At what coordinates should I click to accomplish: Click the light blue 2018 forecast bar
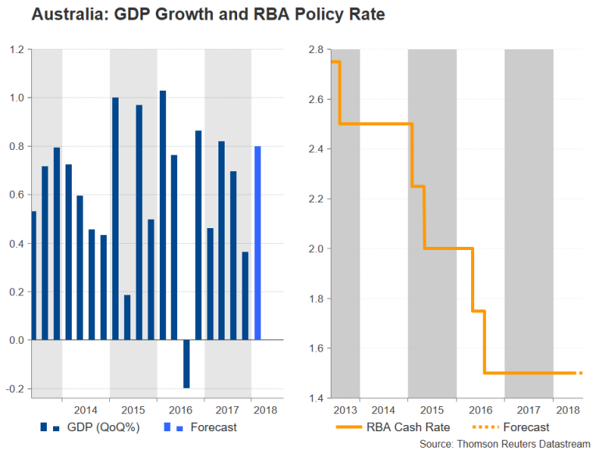pos(257,243)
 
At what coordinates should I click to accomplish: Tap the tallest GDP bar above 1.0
pos(163,215)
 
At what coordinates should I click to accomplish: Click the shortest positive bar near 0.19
pos(127,317)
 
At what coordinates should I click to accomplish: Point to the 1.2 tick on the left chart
pos(17,49)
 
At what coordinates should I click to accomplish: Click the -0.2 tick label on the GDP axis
pos(16,389)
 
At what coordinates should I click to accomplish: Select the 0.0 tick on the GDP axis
pos(17,341)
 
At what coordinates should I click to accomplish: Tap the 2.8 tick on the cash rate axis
pos(316,49)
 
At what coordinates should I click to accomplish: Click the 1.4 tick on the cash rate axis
pos(316,398)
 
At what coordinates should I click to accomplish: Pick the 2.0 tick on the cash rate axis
pos(316,249)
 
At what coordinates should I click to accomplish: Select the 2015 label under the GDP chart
pos(133,410)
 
